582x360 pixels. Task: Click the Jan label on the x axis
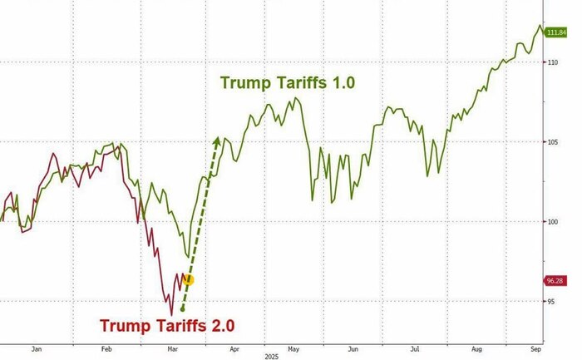click(36, 349)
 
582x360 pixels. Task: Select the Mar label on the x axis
click(173, 349)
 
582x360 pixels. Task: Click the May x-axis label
click(293, 349)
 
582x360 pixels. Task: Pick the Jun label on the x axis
click(353, 349)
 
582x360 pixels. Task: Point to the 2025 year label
click(270, 357)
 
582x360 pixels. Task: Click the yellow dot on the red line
click(188, 280)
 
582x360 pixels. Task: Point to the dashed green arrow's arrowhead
click(217, 141)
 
